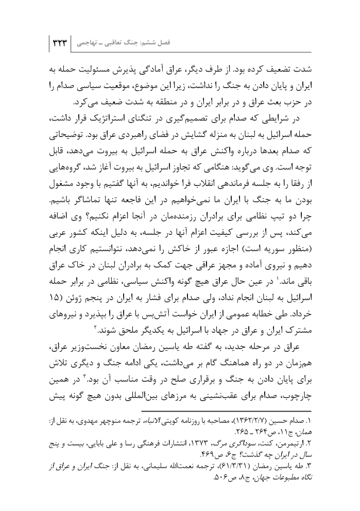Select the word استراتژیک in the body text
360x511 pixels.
(160, 120)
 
